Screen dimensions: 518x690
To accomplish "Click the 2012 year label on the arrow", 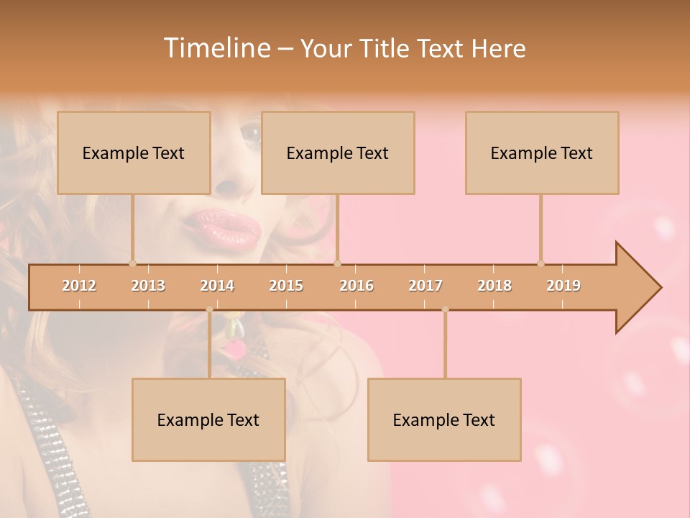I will (79, 286).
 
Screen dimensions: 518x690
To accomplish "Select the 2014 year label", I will (217, 286).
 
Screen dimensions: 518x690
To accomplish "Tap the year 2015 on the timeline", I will (286, 286).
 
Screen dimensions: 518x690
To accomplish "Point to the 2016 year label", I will (356, 286).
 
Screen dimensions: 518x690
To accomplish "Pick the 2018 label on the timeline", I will (494, 286).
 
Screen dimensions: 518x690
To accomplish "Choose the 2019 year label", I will (563, 286).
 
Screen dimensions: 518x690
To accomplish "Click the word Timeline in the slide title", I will (216, 48).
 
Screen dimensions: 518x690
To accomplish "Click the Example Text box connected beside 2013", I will (134, 153).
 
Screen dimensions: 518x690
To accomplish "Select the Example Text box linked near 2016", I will (338, 153).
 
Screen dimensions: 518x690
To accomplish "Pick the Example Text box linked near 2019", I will (542, 153).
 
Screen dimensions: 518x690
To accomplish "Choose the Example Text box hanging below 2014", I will (208, 419).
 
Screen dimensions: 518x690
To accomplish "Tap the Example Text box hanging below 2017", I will (444, 419).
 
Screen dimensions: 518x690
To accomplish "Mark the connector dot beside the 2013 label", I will (132, 263).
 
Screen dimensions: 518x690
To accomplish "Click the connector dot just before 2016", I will (338, 263).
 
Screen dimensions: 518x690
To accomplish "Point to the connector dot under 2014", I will (209, 309).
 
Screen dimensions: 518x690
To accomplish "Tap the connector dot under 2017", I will (445, 309).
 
